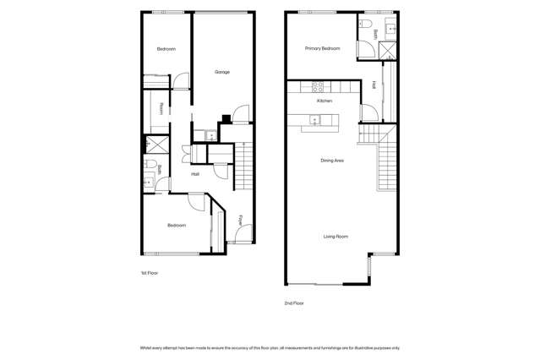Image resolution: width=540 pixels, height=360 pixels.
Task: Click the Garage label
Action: coord(222,72)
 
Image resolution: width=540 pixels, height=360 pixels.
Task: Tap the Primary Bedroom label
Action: coord(322,48)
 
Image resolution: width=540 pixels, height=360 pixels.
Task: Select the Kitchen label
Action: coord(325,101)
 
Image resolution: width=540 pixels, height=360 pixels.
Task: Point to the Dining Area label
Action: coord(332,161)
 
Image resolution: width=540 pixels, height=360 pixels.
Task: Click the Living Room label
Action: coord(335,237)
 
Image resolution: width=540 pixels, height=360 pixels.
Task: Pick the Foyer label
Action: coord(240,221)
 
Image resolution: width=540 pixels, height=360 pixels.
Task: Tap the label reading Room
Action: coord(161,109)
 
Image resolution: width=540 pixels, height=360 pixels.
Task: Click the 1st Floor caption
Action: coord(149,273)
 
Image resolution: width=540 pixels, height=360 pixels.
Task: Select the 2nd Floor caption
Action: coord(294,303)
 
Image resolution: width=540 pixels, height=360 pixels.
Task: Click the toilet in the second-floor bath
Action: coord(364,24)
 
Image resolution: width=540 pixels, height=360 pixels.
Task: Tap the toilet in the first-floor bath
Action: coord(150,163)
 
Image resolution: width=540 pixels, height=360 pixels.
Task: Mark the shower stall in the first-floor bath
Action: coord(157,145)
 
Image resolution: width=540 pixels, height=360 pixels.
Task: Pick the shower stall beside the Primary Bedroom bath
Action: coord(387,51)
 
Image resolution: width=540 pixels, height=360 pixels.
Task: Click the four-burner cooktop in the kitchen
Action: coord(318,87)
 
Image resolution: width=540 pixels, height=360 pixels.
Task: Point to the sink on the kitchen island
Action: coord(315,120)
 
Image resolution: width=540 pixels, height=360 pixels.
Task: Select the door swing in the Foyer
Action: coord(244,233)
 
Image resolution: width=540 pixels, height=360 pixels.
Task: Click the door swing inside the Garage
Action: coord(241,114)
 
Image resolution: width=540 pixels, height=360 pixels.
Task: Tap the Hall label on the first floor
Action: coord(195,174)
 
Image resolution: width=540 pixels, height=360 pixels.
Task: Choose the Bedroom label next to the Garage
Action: coord(166,49)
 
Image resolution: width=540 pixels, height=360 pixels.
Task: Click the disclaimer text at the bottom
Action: coord(270,348)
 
